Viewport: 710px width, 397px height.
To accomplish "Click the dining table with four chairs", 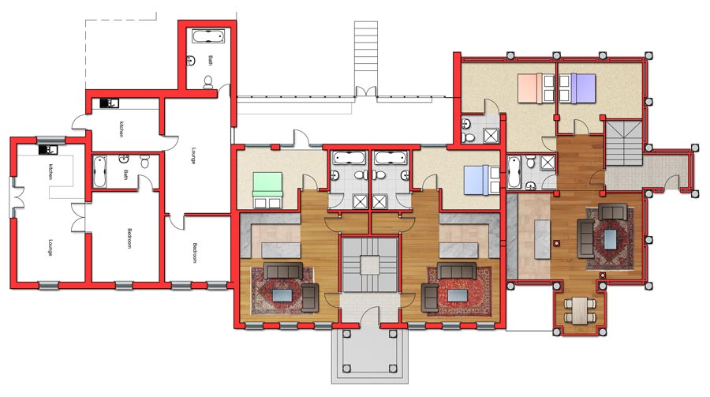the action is tap(580, 310).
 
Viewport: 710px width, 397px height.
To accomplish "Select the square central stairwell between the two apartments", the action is tap(369, 264).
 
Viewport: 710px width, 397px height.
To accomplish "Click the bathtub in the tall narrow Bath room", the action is tap(208, 36).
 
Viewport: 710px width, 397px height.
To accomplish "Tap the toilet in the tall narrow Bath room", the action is tap(208, 81).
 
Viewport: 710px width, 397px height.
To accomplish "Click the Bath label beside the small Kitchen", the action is tap(126, 174).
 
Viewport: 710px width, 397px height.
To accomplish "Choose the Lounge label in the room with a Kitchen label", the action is tap(50, 248).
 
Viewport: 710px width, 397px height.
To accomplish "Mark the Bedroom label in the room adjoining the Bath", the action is tap(130, 238).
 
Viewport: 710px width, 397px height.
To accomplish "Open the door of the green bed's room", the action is tap(310, 182).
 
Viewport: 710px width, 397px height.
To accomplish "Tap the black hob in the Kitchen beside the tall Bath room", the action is tap(104, 103).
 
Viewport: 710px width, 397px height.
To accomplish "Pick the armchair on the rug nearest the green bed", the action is tap(310, 298).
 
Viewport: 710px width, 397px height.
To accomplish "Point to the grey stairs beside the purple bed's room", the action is tap(624, 142).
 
